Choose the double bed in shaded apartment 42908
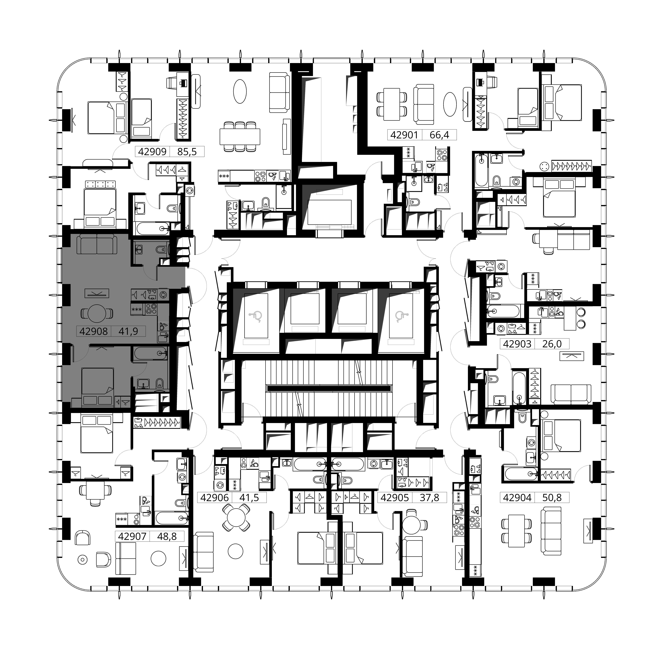(x=98, y=386)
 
